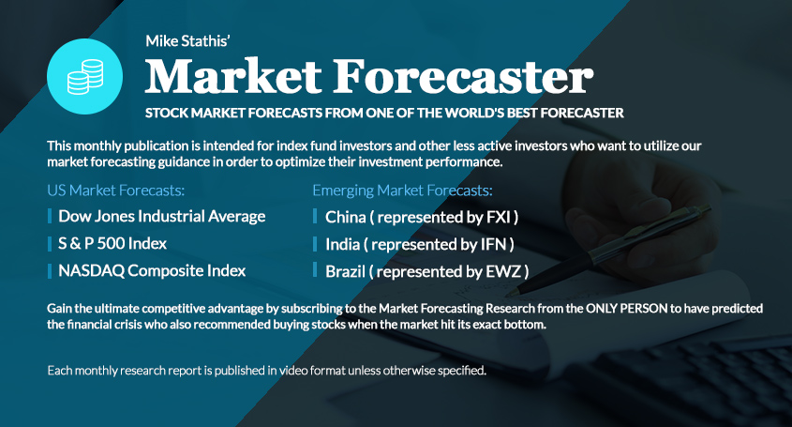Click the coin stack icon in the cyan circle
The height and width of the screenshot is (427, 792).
click(85, 77)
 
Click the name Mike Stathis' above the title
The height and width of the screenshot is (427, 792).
click(187, 41)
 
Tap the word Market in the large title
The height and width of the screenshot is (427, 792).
click(233, 76)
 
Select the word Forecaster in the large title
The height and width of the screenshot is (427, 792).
click(463, 76)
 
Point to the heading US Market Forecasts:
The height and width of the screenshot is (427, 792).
click(115, 191)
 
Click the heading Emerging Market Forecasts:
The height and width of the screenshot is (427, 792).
click(402, 191)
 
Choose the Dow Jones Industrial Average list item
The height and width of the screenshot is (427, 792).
click(161, 217)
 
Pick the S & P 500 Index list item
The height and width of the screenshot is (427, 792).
click(112, 243)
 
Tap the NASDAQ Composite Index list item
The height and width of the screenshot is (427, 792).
click(152, 270)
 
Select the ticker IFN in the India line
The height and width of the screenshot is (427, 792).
click(493, 244)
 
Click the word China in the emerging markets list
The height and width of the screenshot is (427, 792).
click(346, 217)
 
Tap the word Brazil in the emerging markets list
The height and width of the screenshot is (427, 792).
click(345, 271)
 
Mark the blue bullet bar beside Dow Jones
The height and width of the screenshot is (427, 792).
click(50, 216)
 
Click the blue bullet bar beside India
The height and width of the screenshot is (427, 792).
click(315, 244)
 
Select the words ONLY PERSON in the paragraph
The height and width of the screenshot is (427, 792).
click(626, 308)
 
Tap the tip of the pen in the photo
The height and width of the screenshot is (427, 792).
click(507, 293)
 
